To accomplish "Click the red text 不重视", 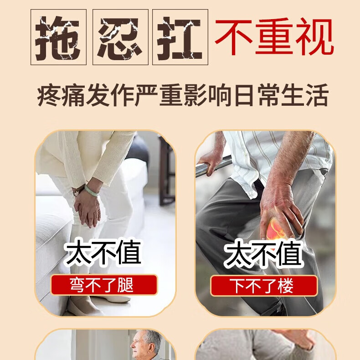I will pyautogui.click(x=274, y=36).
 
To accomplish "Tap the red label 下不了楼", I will pyautogui.click(x=264, y=285).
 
